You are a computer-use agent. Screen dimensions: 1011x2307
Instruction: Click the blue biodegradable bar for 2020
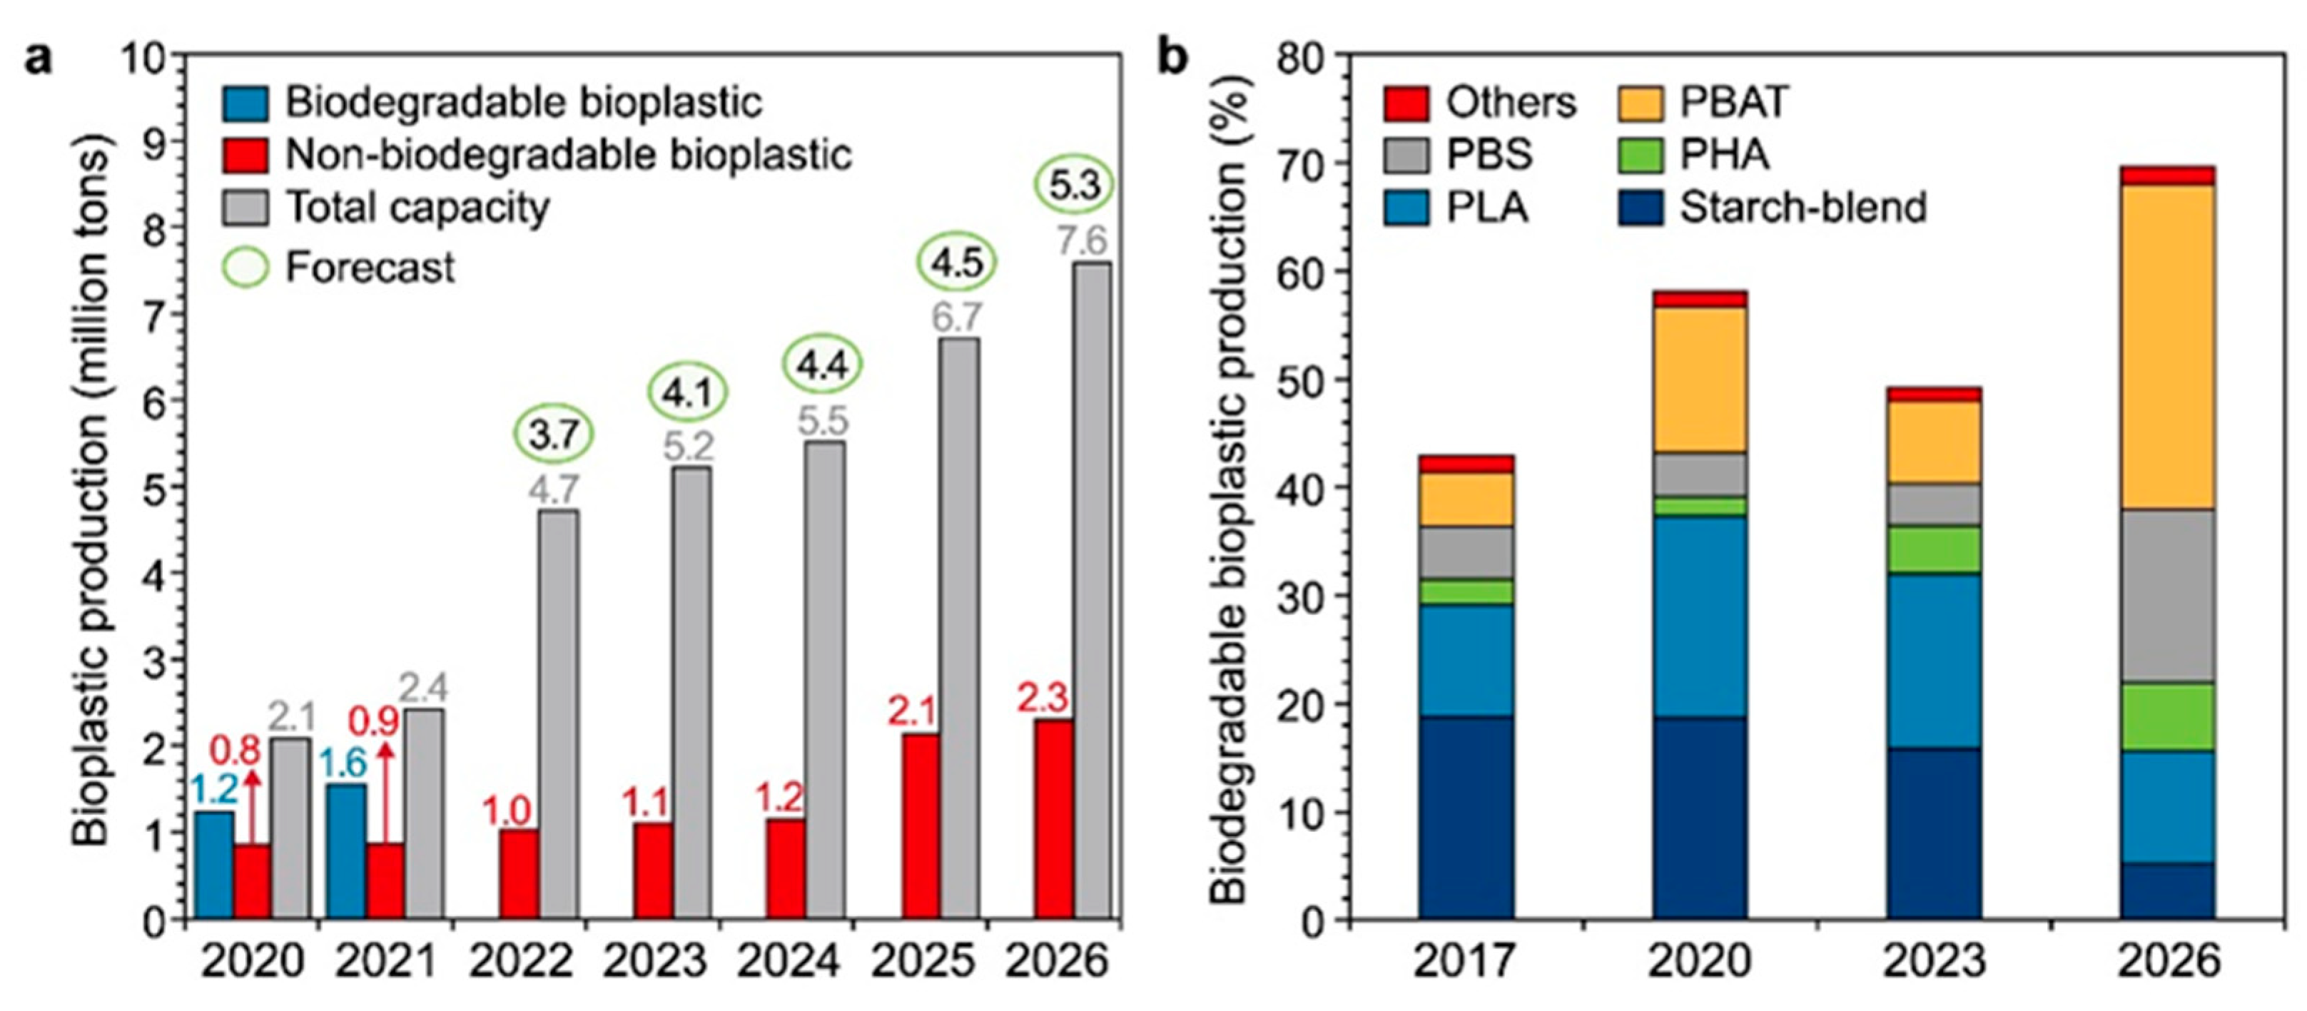point(214,864)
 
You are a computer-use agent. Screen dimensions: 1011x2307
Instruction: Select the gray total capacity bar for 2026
point(1092,591)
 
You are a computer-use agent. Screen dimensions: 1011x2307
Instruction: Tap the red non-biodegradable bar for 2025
point(921,825)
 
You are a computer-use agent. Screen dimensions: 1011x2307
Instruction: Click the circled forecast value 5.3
point(1074,186)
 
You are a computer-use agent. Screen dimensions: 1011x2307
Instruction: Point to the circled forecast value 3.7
point(554,435)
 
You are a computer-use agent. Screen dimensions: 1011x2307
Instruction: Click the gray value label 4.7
point(554,491)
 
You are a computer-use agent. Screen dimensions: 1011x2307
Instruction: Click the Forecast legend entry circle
point(245,267)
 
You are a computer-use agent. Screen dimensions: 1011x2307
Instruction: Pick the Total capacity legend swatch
point(245,208)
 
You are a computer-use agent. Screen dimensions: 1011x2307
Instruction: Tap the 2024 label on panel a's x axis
point(788,962)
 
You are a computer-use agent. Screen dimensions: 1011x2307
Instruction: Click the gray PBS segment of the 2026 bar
point(2167,596)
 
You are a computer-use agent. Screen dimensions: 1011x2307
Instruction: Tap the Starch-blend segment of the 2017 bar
point(1466,817)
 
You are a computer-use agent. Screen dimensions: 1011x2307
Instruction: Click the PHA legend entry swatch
point(1641,155)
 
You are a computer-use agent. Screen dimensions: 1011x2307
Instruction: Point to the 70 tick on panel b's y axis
point(1309,164)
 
